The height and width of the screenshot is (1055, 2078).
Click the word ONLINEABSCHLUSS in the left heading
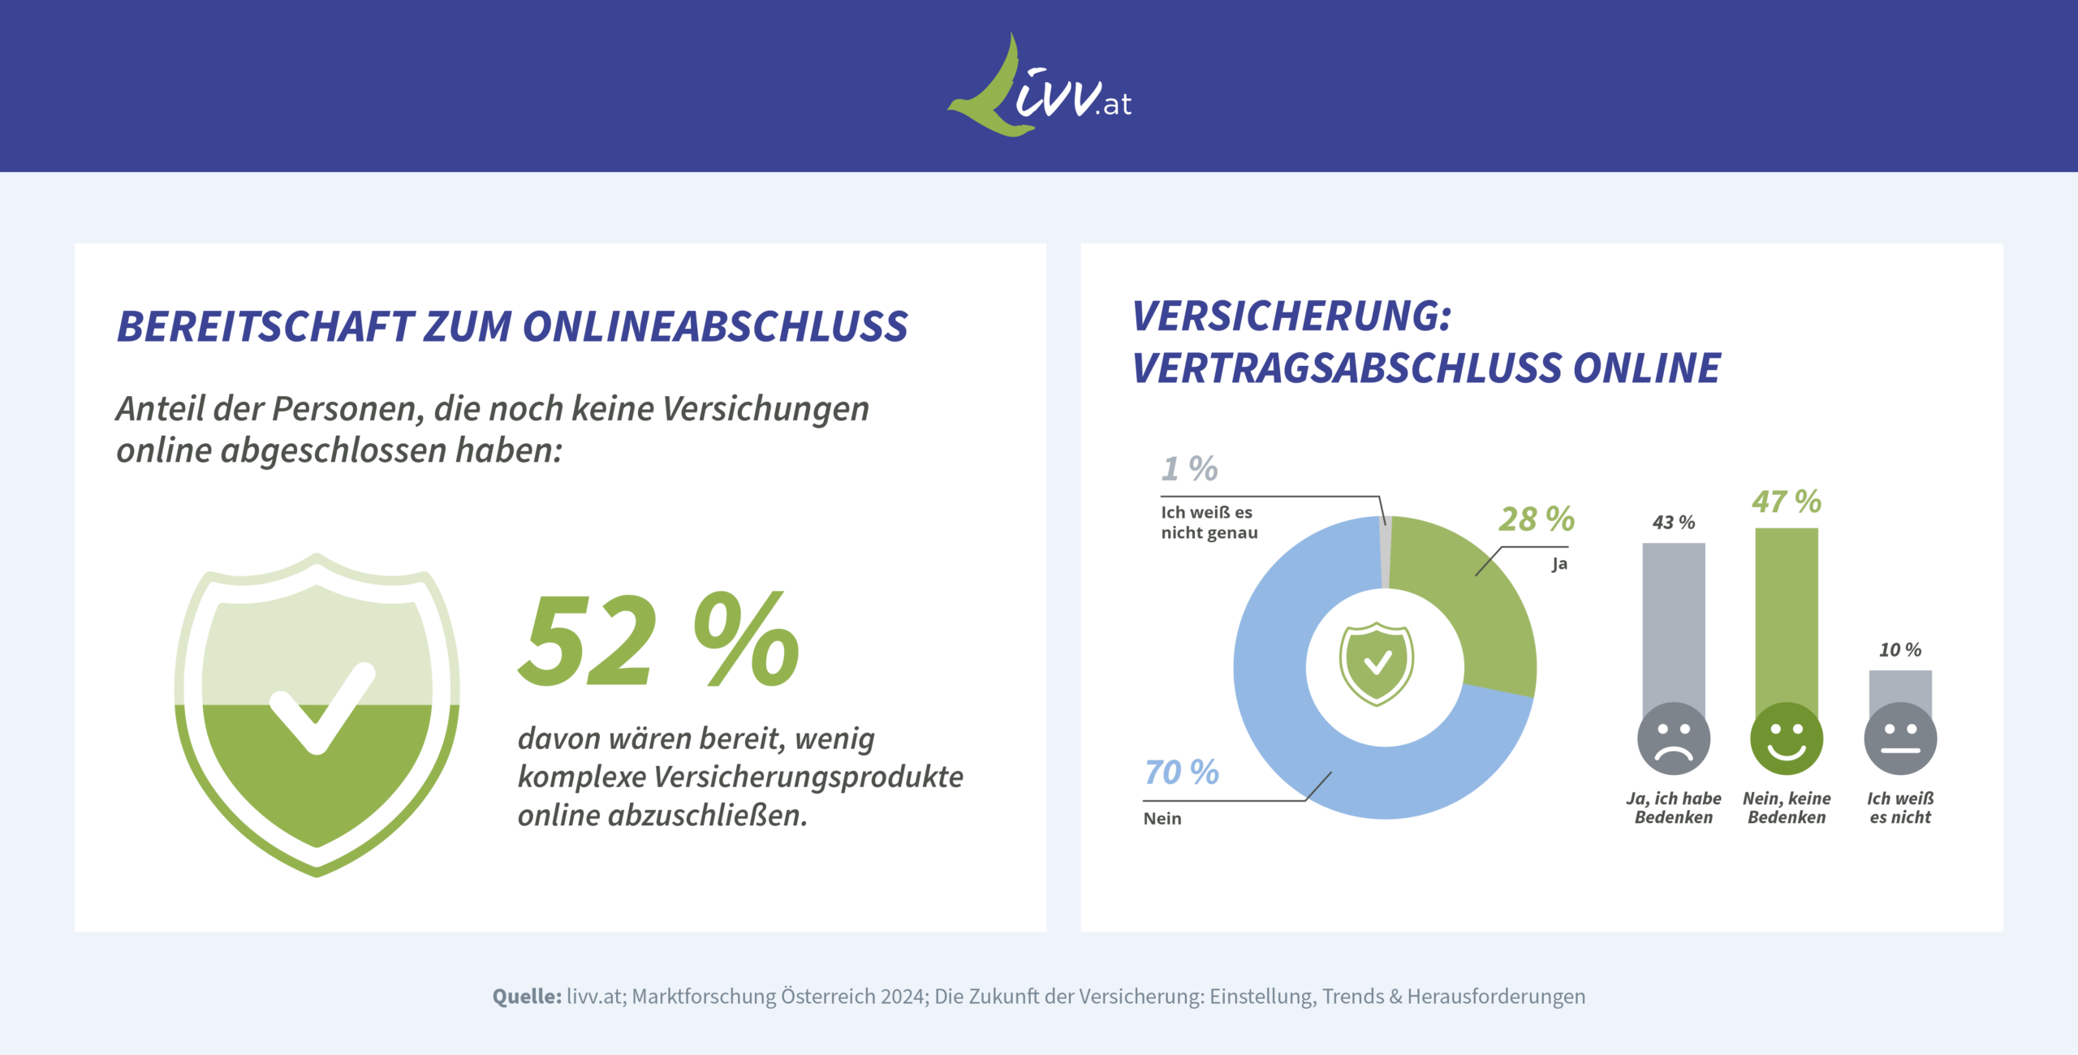[x=714, y=326]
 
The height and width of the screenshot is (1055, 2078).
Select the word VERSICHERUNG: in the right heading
[x=1291, y=316]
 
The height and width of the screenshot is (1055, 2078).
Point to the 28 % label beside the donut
[x=1536, y=519]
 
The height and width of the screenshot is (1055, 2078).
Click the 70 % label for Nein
[x=1181, y=773]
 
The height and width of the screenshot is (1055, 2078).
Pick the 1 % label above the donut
[x=1189, y=469]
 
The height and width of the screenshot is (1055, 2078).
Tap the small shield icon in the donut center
[x=1377, y=664]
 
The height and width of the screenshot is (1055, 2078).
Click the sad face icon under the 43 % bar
[x=1674, y=738]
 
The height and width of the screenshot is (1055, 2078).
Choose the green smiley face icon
[x=1786, y=738]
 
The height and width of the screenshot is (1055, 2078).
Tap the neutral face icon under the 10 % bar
[x=1899, y=738]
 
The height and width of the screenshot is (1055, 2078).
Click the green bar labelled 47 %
[x=1786, y=617]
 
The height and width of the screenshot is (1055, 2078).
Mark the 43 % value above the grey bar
[x=1674, y=523]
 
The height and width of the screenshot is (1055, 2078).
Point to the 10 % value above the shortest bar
[x=1899, y=650]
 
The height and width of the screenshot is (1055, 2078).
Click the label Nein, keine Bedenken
[x=1786, y=808]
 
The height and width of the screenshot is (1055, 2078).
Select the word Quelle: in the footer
[x=526, y=997]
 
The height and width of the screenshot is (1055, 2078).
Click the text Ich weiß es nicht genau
[x=1209, y=523]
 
